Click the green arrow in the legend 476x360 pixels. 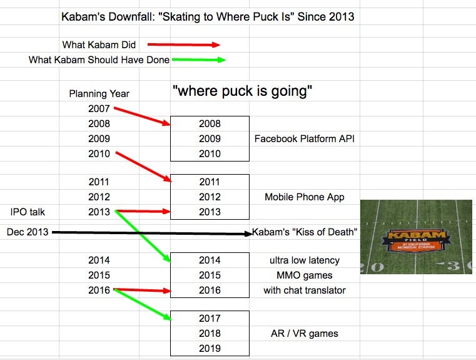[x=199, y=60]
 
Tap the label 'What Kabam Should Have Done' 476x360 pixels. [x=99, y=60]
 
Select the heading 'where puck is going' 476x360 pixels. [x=242, y=91]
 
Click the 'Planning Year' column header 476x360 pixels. [x=99, y=93]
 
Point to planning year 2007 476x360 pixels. [x=99, y=108]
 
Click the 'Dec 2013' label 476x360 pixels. [x=28, y=232]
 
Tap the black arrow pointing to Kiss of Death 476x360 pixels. [x=150, y=233]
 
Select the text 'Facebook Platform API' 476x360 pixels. [x=304, y=138]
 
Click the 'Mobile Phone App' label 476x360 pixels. [x=304, y=197]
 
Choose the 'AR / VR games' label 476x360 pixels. [x=300, y=333]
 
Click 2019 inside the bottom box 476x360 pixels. [x=210, y=348]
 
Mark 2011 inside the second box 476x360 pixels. [x=210, y=182]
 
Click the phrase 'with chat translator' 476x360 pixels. [x=305, y=290]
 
